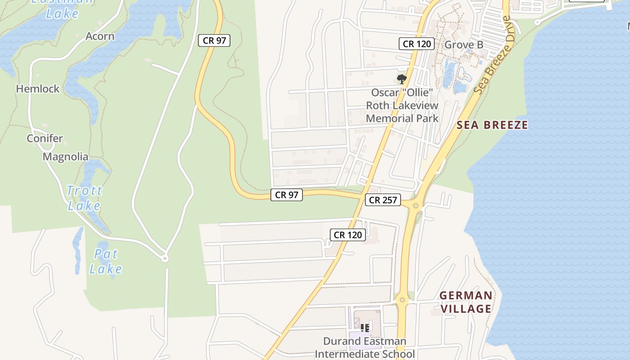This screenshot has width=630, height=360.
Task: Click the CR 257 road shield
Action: click(383, 200)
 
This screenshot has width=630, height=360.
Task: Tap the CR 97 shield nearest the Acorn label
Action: click(214, 40)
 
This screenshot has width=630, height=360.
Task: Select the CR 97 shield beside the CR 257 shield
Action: click(287, 195)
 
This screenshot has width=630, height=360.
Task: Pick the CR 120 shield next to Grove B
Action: click(417, 44)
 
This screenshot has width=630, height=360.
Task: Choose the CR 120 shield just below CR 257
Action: click(348, 234)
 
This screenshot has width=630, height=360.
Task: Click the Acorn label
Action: click(100, 36)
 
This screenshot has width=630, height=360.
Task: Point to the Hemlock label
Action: click(38, 89)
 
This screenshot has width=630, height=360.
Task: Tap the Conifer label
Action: click(45, 138)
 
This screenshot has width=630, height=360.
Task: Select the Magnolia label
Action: click(66, 157)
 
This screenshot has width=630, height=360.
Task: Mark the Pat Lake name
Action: click(106, 261)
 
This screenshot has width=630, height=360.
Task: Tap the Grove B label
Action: click(464, 45)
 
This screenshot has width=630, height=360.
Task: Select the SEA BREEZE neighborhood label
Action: click(492, 125)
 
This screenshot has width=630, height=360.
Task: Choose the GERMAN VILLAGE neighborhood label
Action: click(466, 302)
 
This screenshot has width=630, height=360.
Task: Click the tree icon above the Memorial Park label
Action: click(402, 79)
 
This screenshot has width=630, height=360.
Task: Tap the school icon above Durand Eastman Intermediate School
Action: click(365, 328)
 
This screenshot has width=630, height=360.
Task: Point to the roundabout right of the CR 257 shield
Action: click(416, 206)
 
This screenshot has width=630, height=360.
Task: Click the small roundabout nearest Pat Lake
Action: click(165, 258)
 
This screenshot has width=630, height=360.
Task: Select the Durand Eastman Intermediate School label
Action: click(364, 347)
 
